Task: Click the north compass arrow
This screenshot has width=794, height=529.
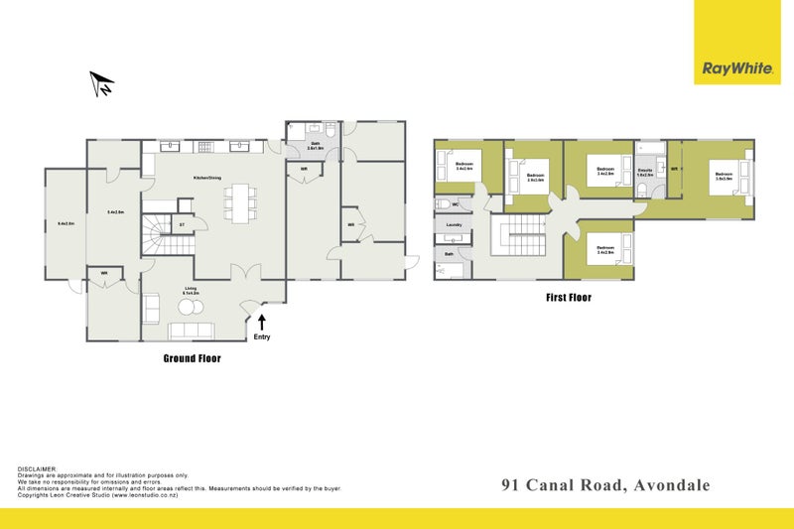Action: pos(101,85)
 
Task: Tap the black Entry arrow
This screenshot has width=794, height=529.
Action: pos(262,322)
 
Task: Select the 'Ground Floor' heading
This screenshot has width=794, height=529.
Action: pos(192,358)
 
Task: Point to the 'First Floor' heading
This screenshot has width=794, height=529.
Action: pos(570,296)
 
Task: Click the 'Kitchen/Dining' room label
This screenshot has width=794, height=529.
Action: pos(207,179)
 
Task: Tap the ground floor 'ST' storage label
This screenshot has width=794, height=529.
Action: pos(182,225)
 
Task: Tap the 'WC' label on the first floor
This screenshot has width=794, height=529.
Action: pos(455,205)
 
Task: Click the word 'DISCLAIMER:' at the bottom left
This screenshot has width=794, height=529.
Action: pos(38,467)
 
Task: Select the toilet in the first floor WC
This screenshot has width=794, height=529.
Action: pos(442,205)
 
